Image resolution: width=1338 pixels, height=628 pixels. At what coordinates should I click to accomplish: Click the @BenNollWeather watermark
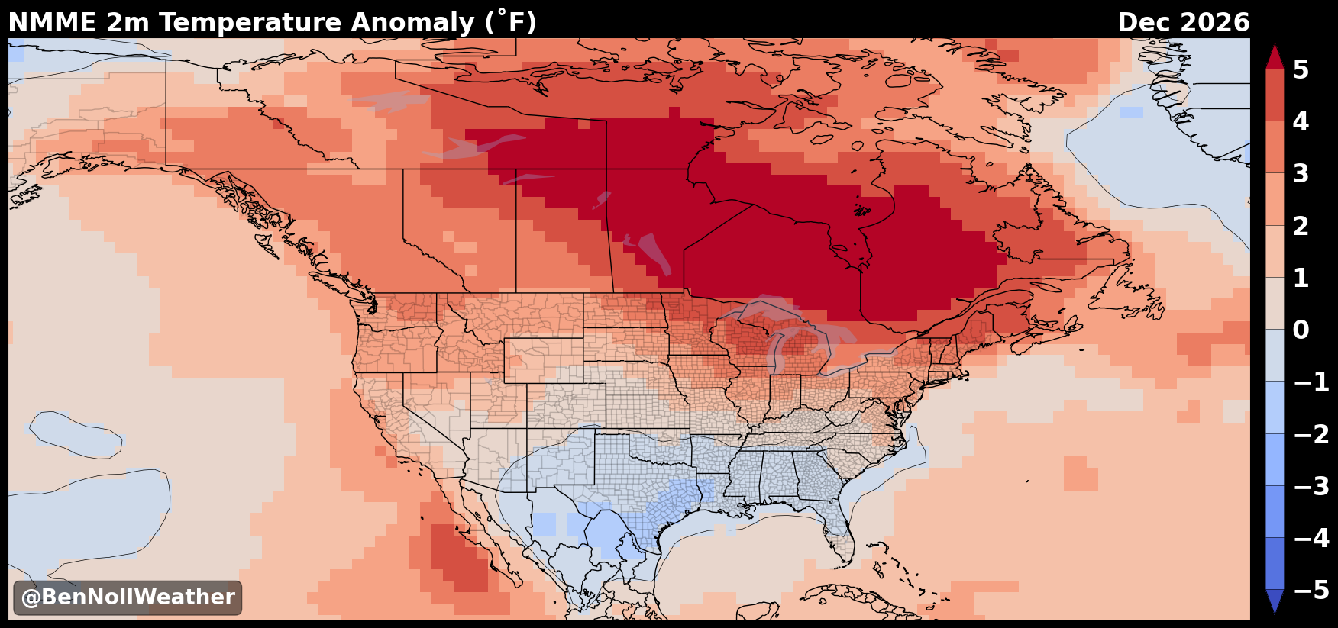point(128,597)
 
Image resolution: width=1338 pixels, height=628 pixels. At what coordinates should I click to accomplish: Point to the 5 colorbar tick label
point(1301,69)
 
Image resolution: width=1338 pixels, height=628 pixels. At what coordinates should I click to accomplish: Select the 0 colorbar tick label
point(1301,330)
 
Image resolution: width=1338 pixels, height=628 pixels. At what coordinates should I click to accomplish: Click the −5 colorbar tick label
point(1311,590)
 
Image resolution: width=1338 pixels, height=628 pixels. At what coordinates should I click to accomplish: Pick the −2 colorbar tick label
point(1311,434)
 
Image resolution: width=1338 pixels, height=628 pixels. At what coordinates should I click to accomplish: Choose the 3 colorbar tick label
point(1301,173)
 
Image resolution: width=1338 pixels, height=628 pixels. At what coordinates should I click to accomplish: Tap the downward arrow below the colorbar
point(1275,601)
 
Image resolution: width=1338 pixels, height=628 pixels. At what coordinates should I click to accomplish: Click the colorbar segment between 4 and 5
point(1275,95)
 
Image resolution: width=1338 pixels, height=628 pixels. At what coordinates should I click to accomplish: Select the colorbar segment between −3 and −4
point(1275,511)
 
